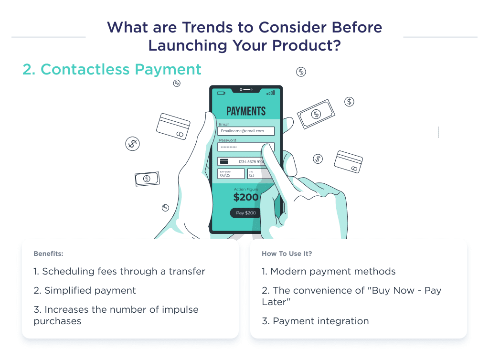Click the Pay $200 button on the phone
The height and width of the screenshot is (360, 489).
tap(246, 213)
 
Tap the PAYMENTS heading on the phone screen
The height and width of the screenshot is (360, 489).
tap(246, 111)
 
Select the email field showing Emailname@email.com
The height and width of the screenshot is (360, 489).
tap(246, 131)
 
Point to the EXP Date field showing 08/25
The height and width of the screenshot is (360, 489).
tap(231, 174)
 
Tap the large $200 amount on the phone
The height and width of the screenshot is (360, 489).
tap(246, 197)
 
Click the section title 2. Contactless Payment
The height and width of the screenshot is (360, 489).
tap(112, 69)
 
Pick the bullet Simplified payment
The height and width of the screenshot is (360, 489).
tap(85, 290)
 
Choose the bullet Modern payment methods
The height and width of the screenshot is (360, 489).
tap(329, 271)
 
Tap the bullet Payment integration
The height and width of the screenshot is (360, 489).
tap(315, 321)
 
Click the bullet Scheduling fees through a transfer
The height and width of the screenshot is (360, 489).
tap(119, 271)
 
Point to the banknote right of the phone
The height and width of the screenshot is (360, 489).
tap(316, 114)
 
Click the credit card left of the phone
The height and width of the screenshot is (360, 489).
tap(173, 126)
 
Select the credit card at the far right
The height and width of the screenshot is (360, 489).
tap(348, 161)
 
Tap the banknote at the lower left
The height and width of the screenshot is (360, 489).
tap(147, 179)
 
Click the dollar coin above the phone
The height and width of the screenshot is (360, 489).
tap(301, 72)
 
